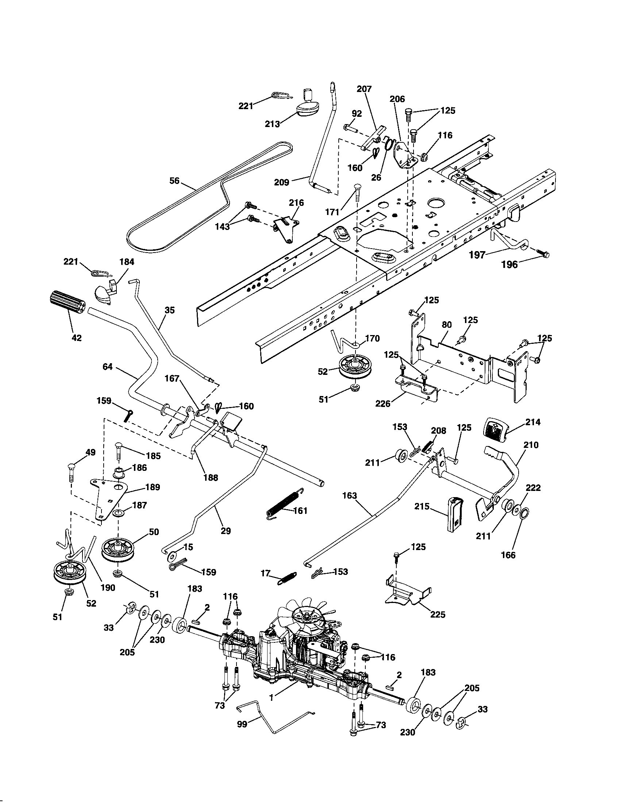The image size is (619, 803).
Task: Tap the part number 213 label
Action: click(x=272, y=124)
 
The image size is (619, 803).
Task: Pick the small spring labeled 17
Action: click(x=288, y=578)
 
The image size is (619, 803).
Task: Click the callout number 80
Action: click(x=447, y=325)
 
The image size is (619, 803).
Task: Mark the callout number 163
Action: click(x=349, y=496)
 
